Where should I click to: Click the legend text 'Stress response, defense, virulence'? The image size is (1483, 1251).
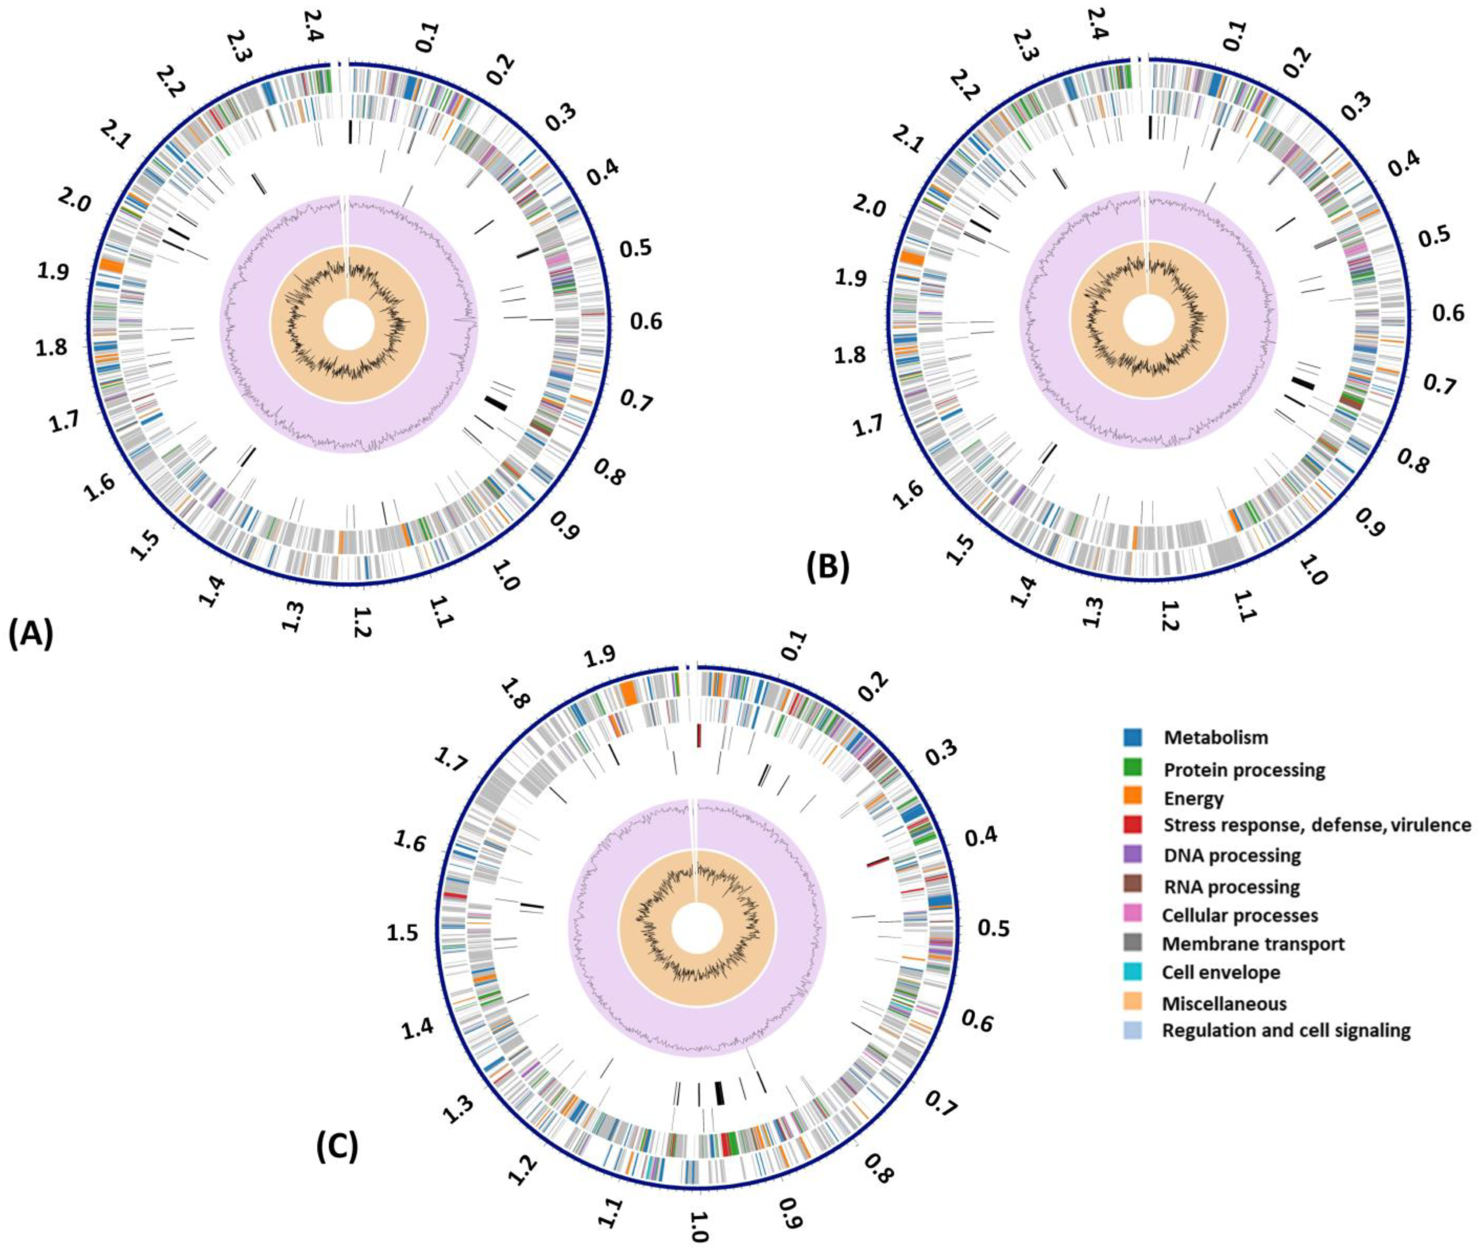1317,825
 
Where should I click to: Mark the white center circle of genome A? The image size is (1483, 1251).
348,323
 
